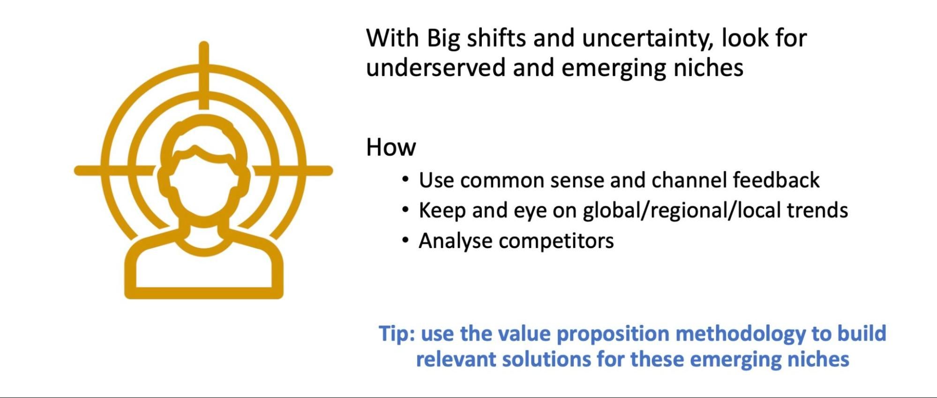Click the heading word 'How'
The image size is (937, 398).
[x=390, y=147]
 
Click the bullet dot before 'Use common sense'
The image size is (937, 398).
[x=405, y=180]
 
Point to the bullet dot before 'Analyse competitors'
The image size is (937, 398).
[x=405, y=240]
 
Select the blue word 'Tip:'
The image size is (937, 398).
[x=397, y=334]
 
